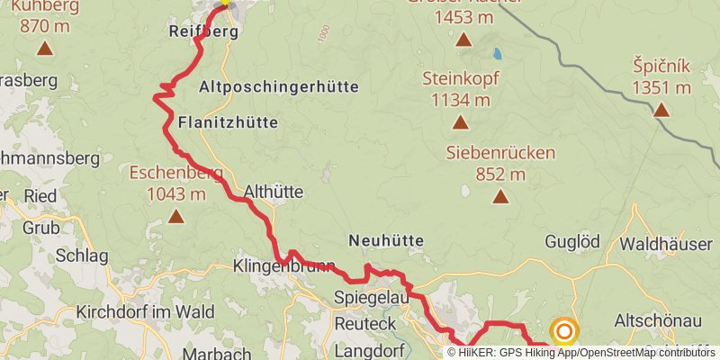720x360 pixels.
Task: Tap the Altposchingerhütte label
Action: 277,87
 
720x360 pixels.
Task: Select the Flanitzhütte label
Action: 228,121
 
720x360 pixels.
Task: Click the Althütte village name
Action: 274,191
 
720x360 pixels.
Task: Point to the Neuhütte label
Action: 385,240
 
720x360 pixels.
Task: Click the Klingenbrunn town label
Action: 283,266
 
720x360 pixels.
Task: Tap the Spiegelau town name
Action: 372,297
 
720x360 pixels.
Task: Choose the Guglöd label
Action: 572,241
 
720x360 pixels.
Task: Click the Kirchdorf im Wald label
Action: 145,312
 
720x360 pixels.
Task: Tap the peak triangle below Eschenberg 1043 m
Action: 176,216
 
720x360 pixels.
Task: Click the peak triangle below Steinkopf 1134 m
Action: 460,122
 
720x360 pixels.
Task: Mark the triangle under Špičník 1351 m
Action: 661,110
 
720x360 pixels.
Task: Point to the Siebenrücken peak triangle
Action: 500,196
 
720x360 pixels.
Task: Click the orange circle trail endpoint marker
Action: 564,332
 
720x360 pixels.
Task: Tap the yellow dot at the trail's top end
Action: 224,3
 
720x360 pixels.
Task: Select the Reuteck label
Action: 365,323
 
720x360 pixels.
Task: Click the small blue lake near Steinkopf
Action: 497,53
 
